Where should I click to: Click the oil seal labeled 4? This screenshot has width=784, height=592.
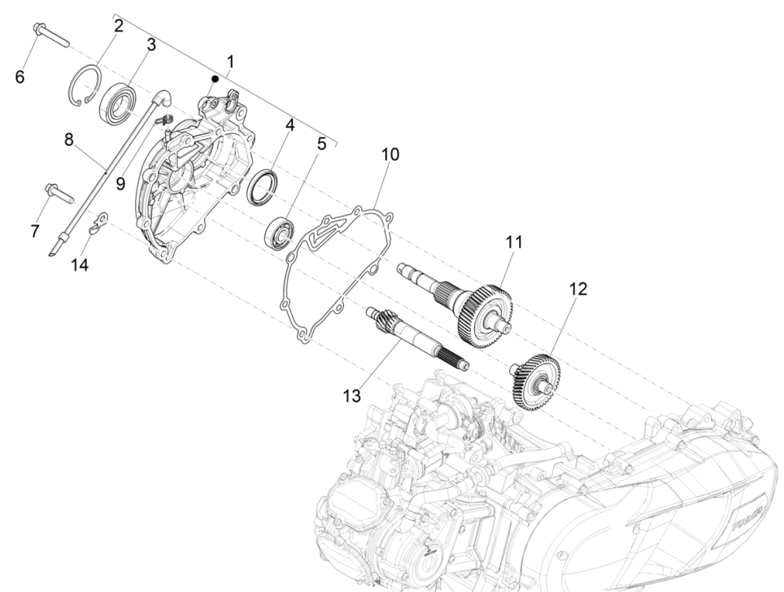coord(262,189)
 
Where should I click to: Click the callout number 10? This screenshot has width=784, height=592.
coord(390,155)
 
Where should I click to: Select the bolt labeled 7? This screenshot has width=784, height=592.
coord(59,194)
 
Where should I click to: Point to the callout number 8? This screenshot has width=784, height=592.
coord(69,140)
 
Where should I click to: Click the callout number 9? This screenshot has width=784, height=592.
coord(120,183)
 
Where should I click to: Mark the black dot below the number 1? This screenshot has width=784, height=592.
coord(215,79)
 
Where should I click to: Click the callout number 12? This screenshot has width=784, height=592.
coord(578,289)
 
